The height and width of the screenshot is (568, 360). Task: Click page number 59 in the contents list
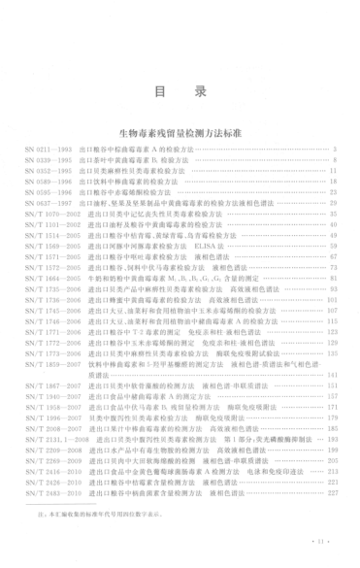point(331,245)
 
